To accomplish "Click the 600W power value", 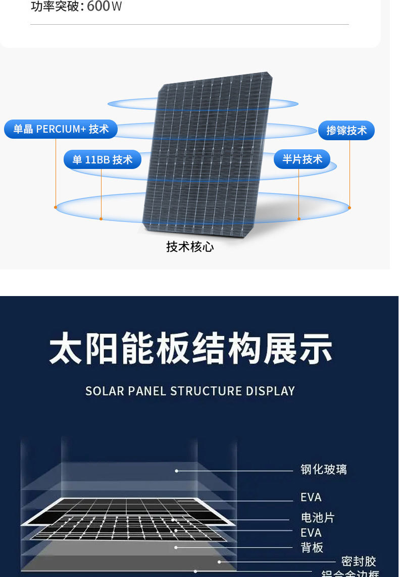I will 104,7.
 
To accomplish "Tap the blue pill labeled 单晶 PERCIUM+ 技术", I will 61,129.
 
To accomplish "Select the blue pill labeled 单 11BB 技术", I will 102,159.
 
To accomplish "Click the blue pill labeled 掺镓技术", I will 346,130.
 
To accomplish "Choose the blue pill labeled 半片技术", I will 302,159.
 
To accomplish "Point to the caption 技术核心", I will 190,247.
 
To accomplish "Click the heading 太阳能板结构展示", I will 191,348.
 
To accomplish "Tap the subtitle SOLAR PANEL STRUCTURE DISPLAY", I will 190,391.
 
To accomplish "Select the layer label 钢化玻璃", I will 324,470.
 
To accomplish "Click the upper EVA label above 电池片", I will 311,497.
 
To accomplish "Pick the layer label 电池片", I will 318,517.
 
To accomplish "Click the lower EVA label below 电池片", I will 311,533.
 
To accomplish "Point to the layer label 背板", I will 312,547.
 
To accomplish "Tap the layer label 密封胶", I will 359,561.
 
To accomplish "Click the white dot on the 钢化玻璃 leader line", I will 177,471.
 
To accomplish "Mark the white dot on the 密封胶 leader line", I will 219,561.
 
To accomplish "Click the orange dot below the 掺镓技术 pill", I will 350,207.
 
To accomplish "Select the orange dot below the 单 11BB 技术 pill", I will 101,219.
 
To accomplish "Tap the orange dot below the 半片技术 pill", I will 299,219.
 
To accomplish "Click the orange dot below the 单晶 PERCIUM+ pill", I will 56,207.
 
